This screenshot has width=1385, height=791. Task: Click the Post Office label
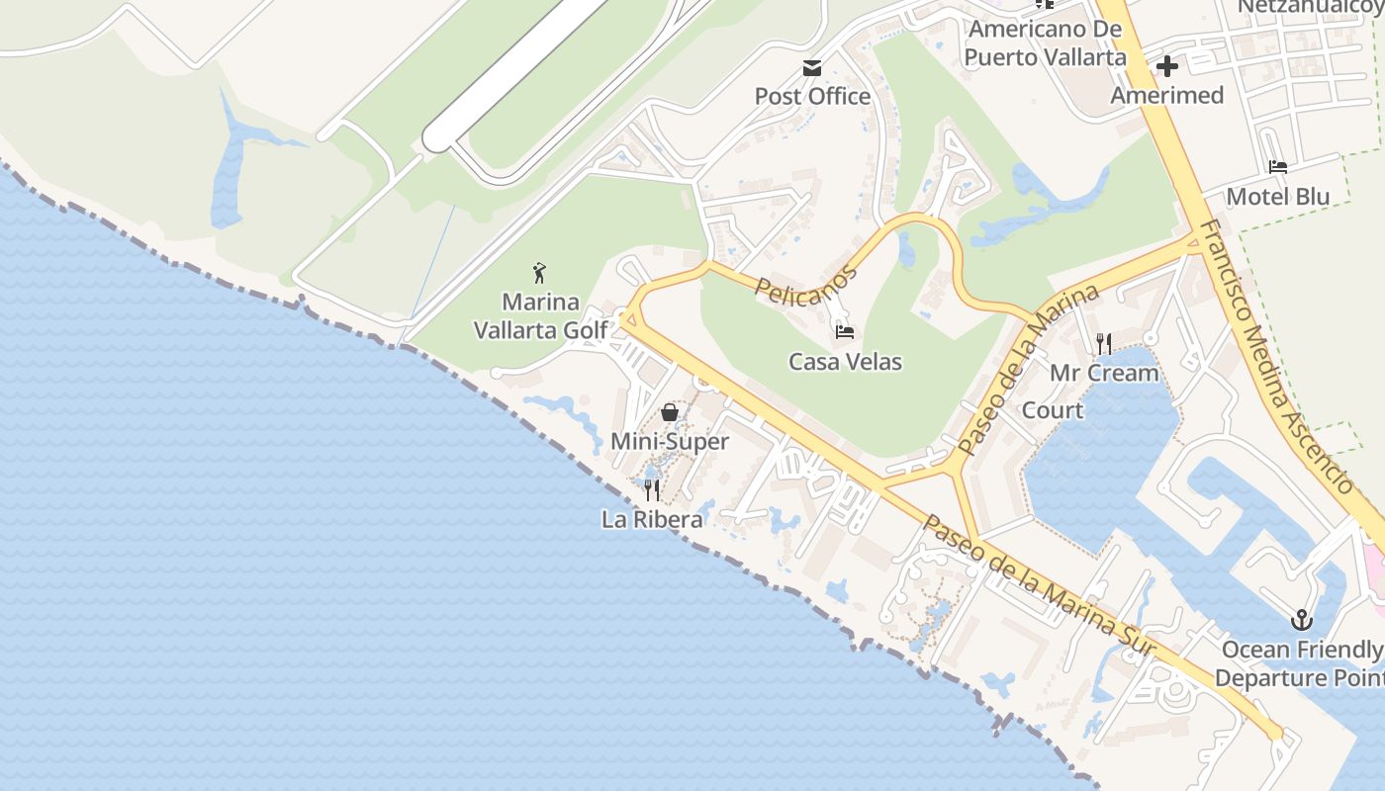(x=812, y=96)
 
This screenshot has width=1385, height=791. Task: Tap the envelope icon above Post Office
(x=812, y=68)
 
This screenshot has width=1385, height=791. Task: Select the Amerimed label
(x=1166, y=95)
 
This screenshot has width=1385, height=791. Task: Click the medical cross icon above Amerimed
(x=1167, y=67)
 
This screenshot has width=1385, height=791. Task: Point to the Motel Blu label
(x=1278, y=196)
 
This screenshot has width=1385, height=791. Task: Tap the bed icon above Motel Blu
(x=1278, y=168)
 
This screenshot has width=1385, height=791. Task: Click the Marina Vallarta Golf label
(x=540, y=315)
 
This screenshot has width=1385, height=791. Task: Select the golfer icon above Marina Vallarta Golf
(x=539, y=273)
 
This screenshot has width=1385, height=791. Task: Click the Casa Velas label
(x=845, y=362)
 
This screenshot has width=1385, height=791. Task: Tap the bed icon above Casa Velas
(x=845, y=332)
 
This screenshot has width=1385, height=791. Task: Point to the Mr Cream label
(x=1104, y=373)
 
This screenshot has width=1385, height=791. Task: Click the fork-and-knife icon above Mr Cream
(x=1104, y=344)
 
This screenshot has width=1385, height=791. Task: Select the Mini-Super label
(x=670, y=441)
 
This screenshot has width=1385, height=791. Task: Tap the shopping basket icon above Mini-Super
(x=670, y=412)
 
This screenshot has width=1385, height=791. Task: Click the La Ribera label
(x=652, y=518)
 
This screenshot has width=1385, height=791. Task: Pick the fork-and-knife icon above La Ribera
(x=652, y=489)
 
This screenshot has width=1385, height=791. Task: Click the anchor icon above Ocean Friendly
(x=1302, y=621)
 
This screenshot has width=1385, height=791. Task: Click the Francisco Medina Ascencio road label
(x=1275, y=356)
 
